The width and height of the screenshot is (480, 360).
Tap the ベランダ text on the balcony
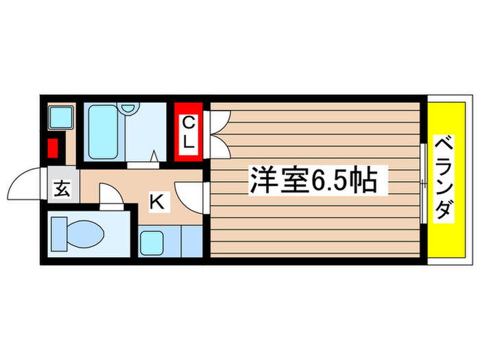point(444,180)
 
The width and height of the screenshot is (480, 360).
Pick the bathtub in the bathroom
point(104,131)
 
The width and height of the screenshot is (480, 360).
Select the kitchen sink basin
point(152,243)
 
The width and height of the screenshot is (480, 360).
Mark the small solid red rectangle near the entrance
point(52,148)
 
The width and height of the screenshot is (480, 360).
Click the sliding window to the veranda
point(422,181)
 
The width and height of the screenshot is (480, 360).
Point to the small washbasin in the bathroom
point(128,110)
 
